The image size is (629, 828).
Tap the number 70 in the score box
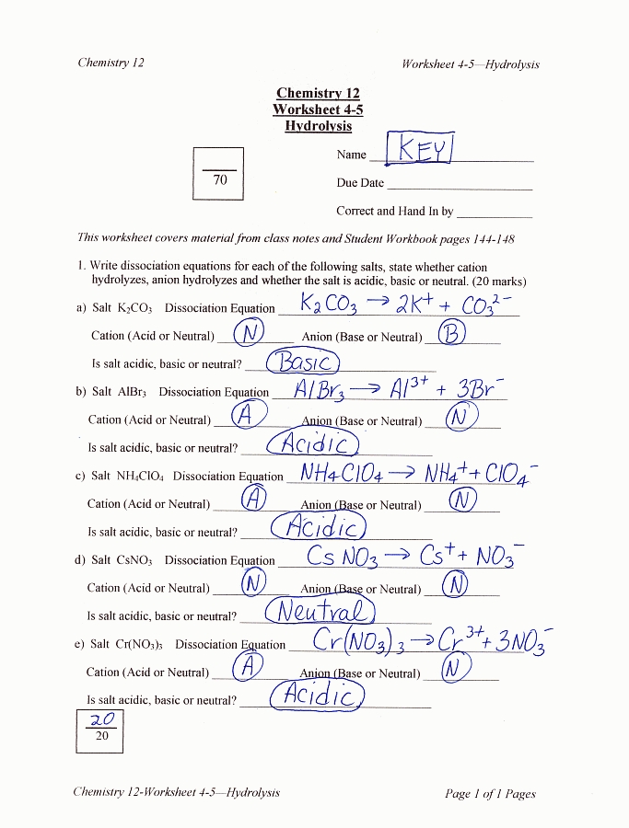pos(219,180)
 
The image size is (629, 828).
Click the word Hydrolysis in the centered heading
pos(318,126)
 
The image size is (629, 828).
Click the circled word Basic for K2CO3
pos(304,362)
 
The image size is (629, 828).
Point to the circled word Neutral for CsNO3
pos(320,611)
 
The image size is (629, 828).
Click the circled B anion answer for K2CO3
pos(450,333)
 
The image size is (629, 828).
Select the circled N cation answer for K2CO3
pos(250,333)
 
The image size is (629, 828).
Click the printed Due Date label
pos(360,183)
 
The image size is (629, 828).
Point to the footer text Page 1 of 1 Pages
pos(490,794)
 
